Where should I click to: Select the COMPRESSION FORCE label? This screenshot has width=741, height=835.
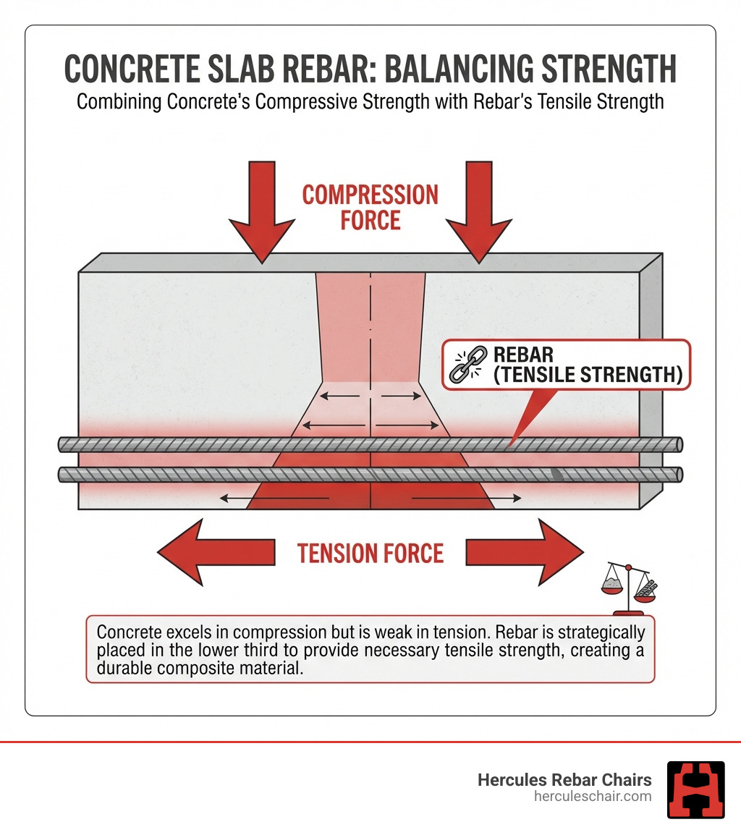[x=370, y=207]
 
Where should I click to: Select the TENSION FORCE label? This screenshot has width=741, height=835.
[x=370, y=554]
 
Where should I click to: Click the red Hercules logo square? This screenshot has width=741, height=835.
[x=695, y=789]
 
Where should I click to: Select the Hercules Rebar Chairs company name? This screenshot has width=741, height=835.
[x=564, y=779]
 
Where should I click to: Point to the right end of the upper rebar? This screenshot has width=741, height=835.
[x=676, y=444]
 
